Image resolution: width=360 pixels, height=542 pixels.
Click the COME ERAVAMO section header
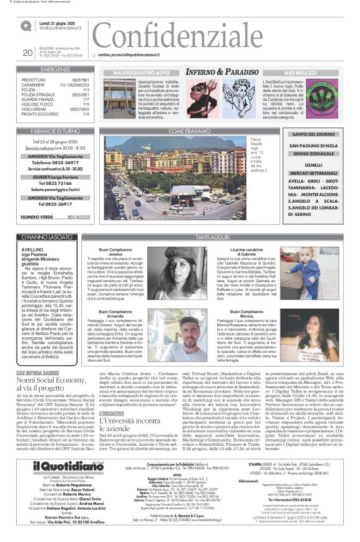tap(185, 132)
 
